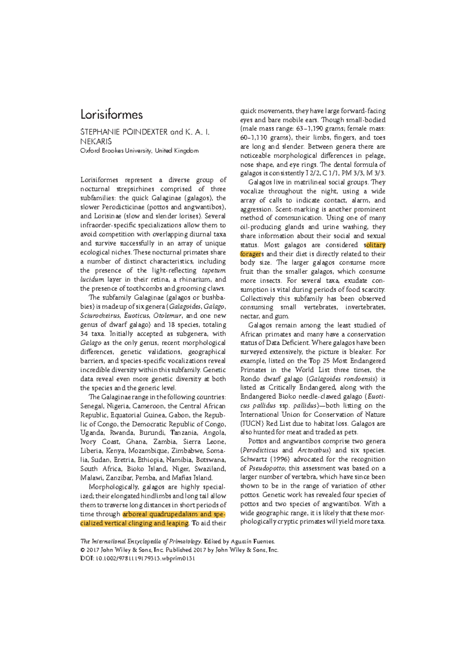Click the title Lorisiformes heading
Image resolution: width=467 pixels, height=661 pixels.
pos(111,114)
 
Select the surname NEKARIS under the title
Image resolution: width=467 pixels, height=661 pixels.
pos(96,141)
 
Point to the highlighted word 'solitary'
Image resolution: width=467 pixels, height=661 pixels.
pos(374,245)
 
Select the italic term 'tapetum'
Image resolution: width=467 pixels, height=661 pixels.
pos(214,270)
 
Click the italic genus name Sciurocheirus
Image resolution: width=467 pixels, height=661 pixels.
pos(100,316)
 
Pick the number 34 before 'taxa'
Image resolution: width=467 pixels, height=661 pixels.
pos(84,334)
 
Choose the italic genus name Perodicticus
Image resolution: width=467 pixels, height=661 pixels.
pos(260,450)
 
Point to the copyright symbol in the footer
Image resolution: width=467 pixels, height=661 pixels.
pos(83,550)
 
